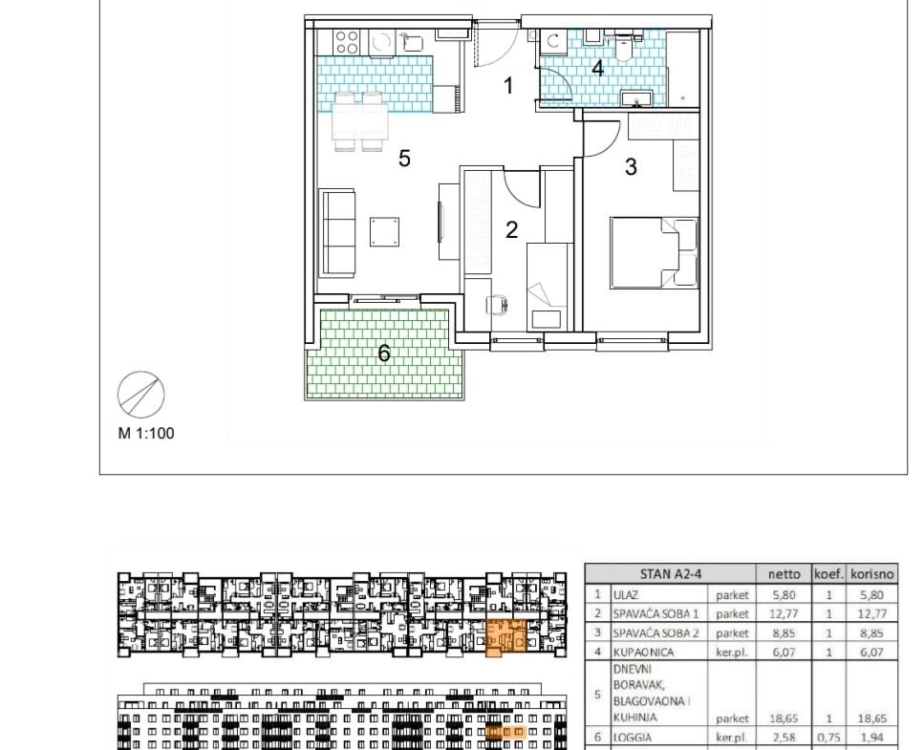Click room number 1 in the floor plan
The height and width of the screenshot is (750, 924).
508,86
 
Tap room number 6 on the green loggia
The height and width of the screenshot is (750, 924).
383,354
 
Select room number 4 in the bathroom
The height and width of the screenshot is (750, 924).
597,69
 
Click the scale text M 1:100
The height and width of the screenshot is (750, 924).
146,433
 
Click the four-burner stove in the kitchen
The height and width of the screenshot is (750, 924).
347,42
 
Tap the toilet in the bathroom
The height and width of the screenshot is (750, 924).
623,47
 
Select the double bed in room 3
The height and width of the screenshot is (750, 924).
655,253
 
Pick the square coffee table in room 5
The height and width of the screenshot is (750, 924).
384,231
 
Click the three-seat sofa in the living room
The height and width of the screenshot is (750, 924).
337,233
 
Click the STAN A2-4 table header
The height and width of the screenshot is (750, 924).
671,574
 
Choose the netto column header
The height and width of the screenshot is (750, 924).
784,574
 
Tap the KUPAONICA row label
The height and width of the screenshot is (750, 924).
643,653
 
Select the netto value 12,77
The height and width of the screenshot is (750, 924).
784,614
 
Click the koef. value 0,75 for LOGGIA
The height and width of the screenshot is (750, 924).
828,737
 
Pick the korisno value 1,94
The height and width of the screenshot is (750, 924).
872,737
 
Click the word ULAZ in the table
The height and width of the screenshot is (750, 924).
625,595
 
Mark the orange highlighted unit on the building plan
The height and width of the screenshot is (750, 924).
505,637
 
